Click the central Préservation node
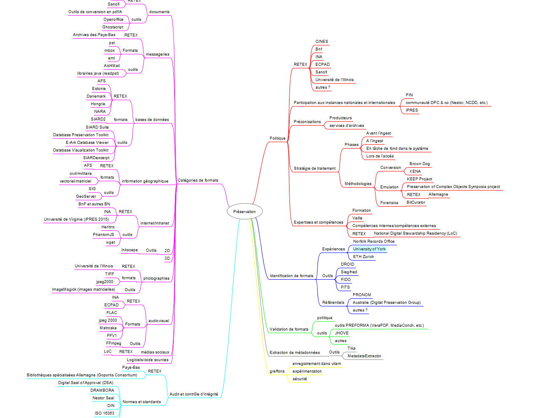click(245, 211)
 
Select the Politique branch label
click(278, 138)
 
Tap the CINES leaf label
click(322, 42)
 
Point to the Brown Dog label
click(420, 164)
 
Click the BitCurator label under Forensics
click(416, 202)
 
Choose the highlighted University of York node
click(369, 249)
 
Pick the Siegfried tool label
click(349, 272)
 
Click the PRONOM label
click(362, 295)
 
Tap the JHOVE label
click(342, 333)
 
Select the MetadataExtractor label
click(365, 356)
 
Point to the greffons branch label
click(277, 371)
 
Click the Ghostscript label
click(113, 27)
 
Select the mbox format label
click(109, 50)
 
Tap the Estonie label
click(99, 89)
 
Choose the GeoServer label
click(86, 196)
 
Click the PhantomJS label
click(103, 235)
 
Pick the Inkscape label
click(129, 250)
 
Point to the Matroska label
click(108, 328)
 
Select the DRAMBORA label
click(102, 390)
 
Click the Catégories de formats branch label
click(198, 180)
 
